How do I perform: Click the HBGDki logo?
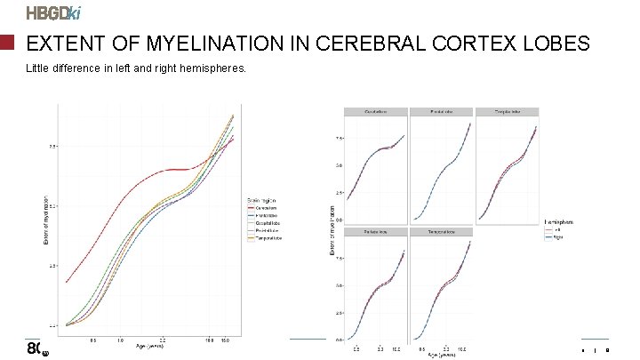click(x=55, y=13)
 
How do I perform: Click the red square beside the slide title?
click(x=8, y=43)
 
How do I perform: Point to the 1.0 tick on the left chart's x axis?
click(x=120, y=340)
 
